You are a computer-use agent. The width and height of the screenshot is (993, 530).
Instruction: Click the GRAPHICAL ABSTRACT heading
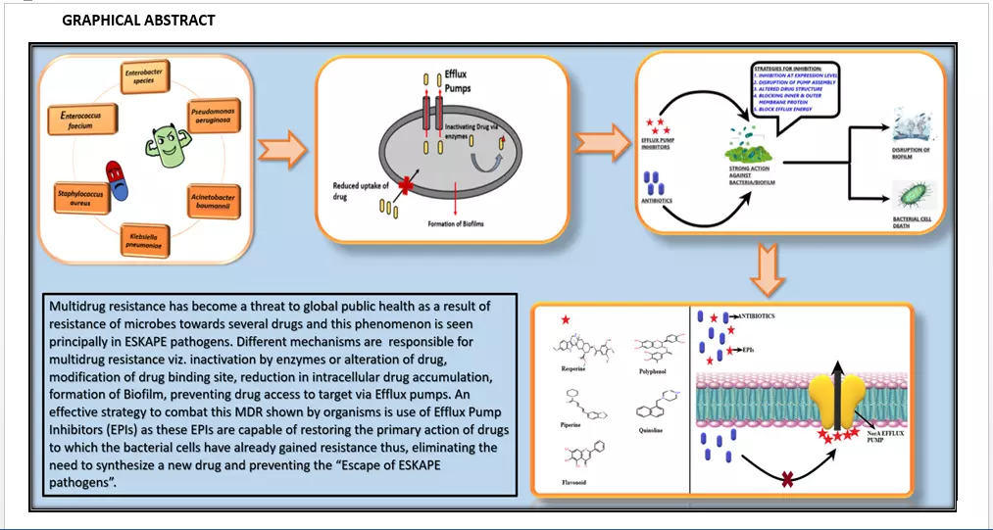point(138,21)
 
